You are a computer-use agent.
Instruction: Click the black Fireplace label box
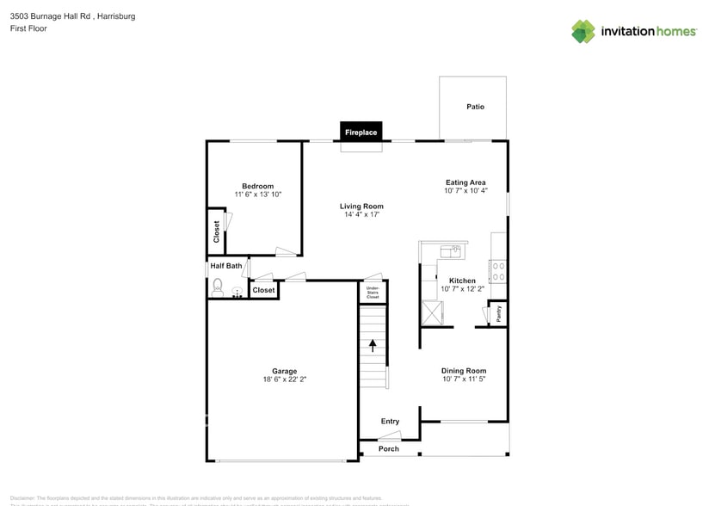[x=361, y=133]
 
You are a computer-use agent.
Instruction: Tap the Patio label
[x=475, y=107]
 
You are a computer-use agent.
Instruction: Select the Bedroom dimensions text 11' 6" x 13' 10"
[x=258, y=194]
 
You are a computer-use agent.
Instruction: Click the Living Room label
[x=361, y=207]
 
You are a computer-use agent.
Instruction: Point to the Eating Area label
[x=465, y=182]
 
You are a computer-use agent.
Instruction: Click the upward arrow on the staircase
[x=373, y=346]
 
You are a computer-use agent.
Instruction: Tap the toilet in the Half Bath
[x=218, y=287]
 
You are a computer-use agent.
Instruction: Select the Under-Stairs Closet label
[x=373, y=292]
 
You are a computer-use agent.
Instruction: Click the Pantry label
[x=498, y=314]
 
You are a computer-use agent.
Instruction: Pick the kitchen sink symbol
[x=449, y=251]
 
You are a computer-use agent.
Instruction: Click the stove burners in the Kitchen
[x=498, y=271]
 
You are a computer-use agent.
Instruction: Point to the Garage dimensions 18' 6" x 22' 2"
[x=285, y=379]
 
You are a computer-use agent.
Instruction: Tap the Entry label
[x=390, y=421]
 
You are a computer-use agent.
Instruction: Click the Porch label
[x=389, y=448]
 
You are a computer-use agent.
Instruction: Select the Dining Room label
[x=465, y=371]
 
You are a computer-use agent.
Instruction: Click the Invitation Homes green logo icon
[x=583, y=32]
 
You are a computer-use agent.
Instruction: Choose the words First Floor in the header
[x=29, y=28]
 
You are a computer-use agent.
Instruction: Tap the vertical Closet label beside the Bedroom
[x=217, y=231]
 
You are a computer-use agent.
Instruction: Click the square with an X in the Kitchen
[x=432, y=313]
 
